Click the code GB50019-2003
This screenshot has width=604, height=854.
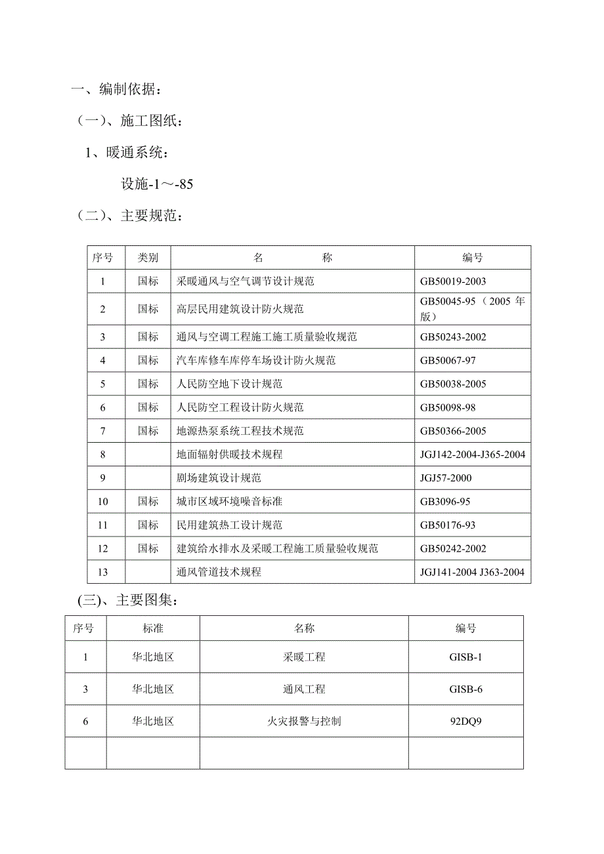[x=453, y=281]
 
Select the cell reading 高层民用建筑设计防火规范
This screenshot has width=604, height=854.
[x=240, y=309]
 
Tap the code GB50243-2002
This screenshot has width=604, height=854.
[x=453, y=337]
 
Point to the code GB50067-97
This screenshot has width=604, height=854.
[x=448, y=361]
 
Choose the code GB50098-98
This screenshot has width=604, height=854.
[x=448, y=408]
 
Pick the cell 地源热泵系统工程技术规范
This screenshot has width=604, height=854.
[x=240, y=432]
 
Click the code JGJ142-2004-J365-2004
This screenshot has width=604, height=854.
[x=473, y=455]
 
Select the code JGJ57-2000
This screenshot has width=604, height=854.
[x=446, y=478]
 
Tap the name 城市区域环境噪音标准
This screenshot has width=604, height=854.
[x=235, y=502]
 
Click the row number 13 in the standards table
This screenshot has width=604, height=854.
[x=102, y=572]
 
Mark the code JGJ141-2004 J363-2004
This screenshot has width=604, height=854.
[x=473, y=572]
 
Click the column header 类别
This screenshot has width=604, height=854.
[x=148, y=258]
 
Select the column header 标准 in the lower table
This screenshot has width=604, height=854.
[x=153, y=628]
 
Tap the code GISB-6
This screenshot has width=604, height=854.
[x=466, y=689]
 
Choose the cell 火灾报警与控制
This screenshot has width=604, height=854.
[x=305, y=722]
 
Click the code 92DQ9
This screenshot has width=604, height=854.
[x=466, y=722]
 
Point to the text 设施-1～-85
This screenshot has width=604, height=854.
[x=157, y=184]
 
